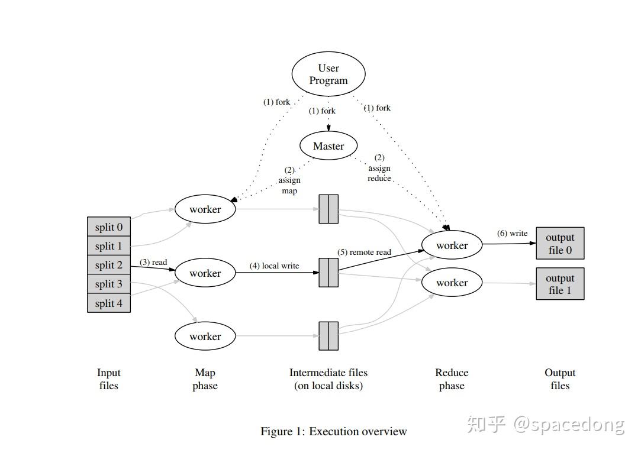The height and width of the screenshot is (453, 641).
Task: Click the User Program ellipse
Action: pos(328,75)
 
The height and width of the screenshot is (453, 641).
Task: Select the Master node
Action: pos(328,146)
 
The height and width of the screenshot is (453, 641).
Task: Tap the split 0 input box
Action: pos(109,227)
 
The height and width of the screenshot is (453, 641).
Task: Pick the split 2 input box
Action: pos(109,265)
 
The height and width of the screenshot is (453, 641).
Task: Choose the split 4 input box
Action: pos(109,303)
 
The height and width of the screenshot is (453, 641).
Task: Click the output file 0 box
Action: pos(560,244)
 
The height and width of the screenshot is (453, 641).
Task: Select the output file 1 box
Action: pos(560,284)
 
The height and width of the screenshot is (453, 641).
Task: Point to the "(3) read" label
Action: pos(153,262)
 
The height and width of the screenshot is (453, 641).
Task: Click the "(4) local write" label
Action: pos(274,266)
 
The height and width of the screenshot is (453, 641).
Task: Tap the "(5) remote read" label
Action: pos(364,252)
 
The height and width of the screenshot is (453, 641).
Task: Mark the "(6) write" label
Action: pos(512,233)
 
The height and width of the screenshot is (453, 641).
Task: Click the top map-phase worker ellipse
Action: pos(205,209)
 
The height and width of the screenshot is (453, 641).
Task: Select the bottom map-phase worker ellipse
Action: pos(205,336)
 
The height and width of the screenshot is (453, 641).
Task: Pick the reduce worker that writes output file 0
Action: pos(452,245)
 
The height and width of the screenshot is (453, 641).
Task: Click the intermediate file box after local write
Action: pos(328,273)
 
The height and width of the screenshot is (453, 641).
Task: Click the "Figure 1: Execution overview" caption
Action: pos(333,431)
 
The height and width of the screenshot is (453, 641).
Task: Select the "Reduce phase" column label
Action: pos(452,379)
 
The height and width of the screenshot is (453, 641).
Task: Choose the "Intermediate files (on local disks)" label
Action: pos(328,379)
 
